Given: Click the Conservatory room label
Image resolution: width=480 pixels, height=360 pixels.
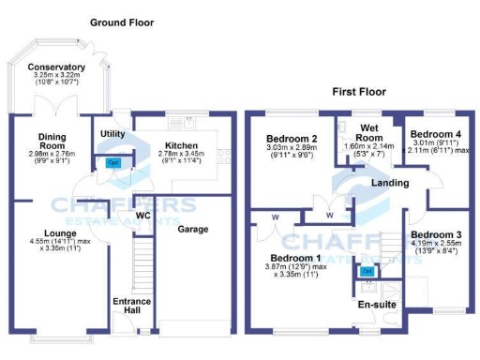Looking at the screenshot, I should click(56, 67).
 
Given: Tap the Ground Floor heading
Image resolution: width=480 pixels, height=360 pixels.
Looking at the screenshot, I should click(122, 22).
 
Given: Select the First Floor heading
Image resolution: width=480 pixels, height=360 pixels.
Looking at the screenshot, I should click(360, 92).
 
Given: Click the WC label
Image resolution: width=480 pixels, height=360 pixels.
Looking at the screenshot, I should click(143, 215).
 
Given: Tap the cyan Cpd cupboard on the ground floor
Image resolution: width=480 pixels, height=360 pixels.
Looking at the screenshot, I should click(113, 162).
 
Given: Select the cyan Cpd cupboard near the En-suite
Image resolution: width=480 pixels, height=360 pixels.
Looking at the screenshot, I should click(367, 271).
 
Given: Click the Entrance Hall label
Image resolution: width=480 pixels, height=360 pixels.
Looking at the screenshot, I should click(131, 306).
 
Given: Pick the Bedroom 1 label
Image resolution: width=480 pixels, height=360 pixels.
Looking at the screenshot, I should click(294, 257).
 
